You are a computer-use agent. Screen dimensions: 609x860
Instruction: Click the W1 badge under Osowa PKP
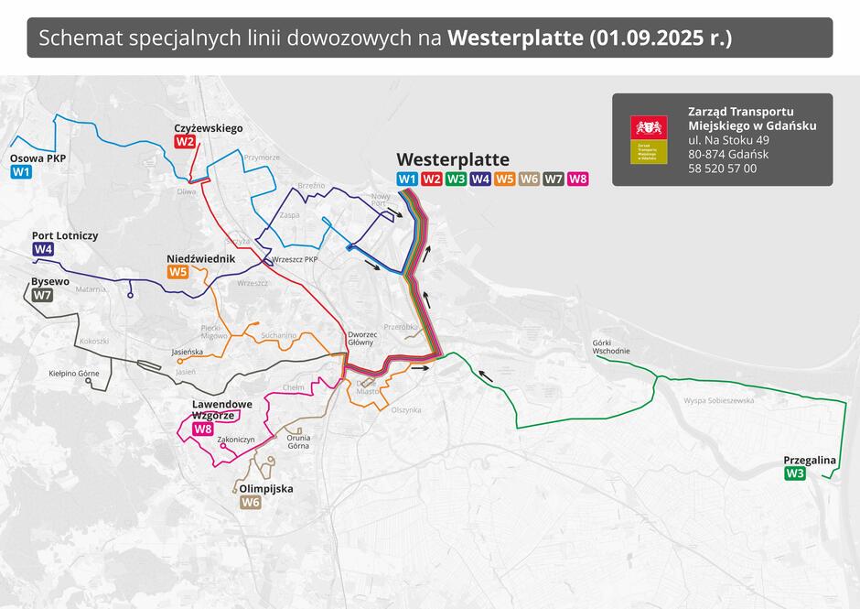tap(21, 171)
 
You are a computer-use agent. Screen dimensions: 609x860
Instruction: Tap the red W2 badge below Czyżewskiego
tap(186, 142)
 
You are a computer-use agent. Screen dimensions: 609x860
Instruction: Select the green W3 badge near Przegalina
tap(795, 473)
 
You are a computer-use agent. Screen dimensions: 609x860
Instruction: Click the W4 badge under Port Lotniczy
tap(43, 249)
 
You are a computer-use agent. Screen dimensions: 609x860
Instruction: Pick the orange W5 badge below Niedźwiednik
tap(177, 272)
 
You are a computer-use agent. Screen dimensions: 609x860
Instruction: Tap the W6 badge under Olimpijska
tap(250, 502)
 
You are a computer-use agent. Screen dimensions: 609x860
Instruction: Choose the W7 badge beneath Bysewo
tap(42, 295)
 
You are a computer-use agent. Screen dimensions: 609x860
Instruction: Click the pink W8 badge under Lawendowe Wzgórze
tap(202, 429)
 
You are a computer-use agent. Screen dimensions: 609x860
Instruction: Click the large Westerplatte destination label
tap(452, 159)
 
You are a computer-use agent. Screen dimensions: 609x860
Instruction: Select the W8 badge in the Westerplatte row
tap(577, 179)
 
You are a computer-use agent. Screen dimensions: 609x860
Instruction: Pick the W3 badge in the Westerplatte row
tap(456, 179)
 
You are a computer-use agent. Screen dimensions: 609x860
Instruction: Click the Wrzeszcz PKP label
tap(295, 260)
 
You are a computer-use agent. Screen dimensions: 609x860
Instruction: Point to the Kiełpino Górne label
tap(74, 374)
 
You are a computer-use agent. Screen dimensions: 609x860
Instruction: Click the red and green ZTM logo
tap(649, 139)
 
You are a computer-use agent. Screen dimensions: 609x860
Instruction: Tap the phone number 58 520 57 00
tap(722, 169)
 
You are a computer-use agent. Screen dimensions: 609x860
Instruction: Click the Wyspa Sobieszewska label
tap(718, 400)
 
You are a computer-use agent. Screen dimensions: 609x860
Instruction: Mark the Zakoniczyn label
tap(235, 440)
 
